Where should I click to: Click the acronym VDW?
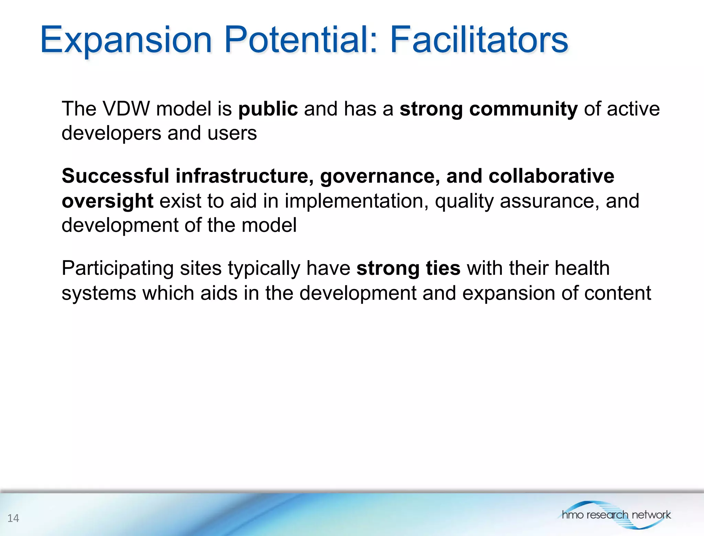click(126, 109)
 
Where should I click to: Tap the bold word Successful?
click(115, 176)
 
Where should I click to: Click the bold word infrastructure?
click(245, 176)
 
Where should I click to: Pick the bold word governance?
click(380, 177)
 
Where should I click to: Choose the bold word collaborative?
click(551, 176)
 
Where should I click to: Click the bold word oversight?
click(107, 201)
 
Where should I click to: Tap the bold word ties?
click(443, 268)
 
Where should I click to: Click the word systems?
click(99, 293)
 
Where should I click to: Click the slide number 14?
click(13, 518)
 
